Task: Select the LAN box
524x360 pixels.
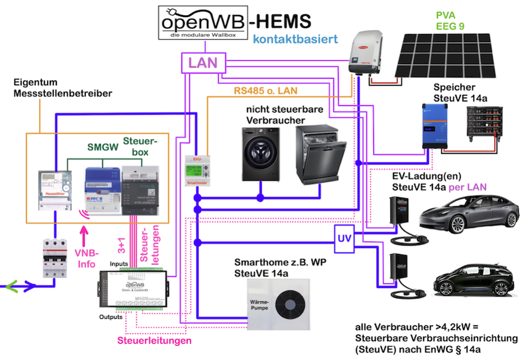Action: point(204,63)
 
